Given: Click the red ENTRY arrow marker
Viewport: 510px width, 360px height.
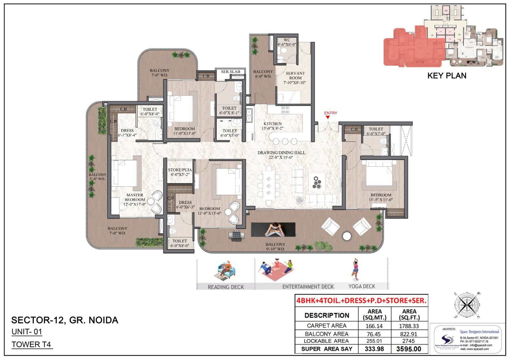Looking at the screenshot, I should pyautogui.click(x=328, y=117).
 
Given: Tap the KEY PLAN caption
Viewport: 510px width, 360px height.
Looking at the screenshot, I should pyautogui.click(x=447, y=76).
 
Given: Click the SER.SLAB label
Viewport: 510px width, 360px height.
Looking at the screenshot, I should pyautogui.click(x=230, y=72).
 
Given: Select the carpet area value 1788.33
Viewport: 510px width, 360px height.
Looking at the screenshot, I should pyautogui.click(x=409, y=326).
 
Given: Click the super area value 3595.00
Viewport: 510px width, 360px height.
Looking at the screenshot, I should pyautogui.click(x=409, y=349).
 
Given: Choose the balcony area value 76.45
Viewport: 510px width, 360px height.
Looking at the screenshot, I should pyautogui.click(x=374, y=334).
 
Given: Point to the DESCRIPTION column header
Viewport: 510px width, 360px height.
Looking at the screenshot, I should pyautogui.click(x=327, y=315).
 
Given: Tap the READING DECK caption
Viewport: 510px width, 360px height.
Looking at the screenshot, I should pyautogui.click(x=226, y=287).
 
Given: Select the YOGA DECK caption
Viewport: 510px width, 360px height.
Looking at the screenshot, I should pyautogui.click(x=361, y=286).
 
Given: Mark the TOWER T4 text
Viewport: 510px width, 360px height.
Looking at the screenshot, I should pyautogui.click(x=31, y=344).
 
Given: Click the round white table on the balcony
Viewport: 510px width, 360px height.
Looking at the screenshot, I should pyautogui.click(x=346, y=236).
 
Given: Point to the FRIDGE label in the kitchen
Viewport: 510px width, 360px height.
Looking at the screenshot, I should pyautogui.click(x=252, y=137).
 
